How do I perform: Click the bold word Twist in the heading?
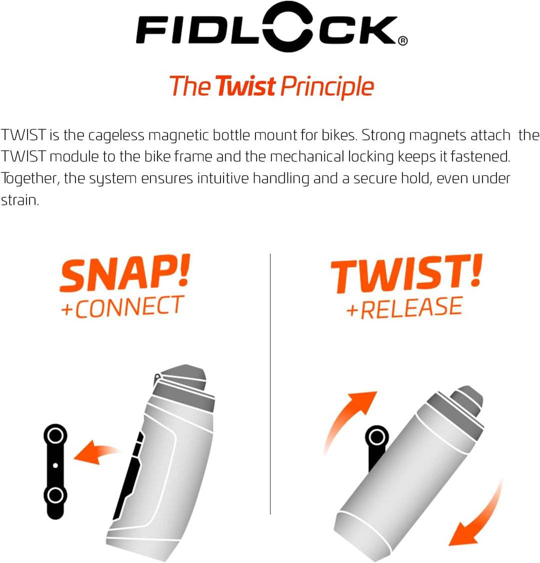245,86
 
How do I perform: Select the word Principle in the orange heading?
327,87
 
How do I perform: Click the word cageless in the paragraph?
116,135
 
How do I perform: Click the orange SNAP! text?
125,274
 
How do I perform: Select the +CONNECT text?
122,307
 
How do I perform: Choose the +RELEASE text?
404,308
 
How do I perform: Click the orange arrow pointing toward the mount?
96,452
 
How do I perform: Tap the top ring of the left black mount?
55,435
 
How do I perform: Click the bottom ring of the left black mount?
55,496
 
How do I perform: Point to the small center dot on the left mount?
55,466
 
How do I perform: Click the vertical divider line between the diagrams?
270,385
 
